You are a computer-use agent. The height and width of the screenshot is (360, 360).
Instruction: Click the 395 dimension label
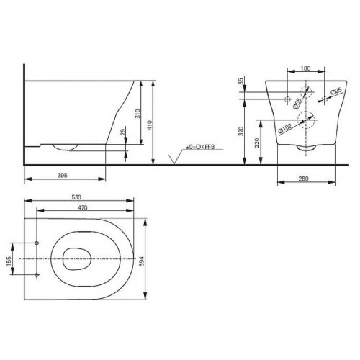63,176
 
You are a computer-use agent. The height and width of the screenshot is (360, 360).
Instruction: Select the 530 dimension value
76,197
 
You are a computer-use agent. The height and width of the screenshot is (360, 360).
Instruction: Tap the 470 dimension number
82,207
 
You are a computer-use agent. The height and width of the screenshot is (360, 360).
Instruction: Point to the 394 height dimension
141,261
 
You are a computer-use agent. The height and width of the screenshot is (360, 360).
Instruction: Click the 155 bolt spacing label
9,261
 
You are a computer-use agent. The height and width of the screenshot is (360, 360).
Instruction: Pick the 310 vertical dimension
138,114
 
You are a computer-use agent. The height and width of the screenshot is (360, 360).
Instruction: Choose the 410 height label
150,125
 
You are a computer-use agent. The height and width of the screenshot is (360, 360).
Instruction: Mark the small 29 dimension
123,132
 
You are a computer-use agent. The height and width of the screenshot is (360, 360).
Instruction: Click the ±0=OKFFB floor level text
200,147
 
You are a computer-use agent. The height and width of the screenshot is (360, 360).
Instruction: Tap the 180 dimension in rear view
305,68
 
